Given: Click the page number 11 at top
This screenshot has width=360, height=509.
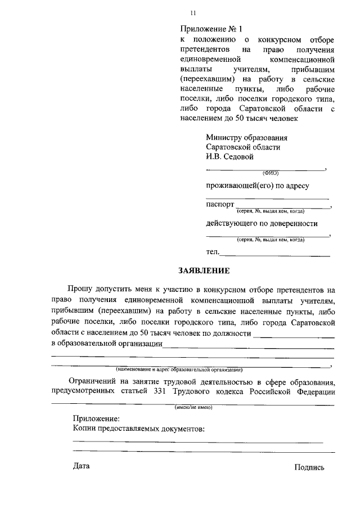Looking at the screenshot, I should pyautogui.click(x=193, y=13).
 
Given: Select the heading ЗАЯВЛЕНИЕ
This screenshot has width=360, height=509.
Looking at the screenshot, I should pyautogui.click(x=204, y=271).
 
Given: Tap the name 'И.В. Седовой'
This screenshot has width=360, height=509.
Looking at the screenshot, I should pyautogui.click(x=230, y=157).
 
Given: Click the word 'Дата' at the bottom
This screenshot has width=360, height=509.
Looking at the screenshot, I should pyautogui.click(x=81, y=466).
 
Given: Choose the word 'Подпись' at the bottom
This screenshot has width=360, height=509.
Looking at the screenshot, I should pyautogui.click(x=309, y=467).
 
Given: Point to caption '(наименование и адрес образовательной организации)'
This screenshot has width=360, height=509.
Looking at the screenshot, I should pyautogui.click(x=179, y=370).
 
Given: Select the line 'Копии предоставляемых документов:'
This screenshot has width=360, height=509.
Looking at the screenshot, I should pyautogui.click(x=138, y=429).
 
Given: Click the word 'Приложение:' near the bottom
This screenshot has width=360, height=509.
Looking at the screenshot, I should pyautogui.click(x=96, y=418).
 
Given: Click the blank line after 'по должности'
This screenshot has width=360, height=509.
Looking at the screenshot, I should pyautogui.click(x=294, y=337).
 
